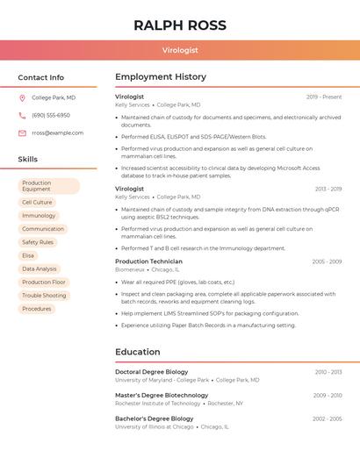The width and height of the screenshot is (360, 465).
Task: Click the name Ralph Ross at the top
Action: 180,25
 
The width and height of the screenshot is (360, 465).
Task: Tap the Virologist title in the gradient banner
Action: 180,51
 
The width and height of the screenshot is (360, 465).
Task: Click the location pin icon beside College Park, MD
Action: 22,97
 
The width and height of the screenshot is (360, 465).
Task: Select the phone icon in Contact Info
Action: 22,115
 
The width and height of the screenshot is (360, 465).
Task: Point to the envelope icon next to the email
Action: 22,132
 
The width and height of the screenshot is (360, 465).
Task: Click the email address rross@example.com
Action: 57,132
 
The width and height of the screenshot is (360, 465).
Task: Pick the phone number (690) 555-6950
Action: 51,115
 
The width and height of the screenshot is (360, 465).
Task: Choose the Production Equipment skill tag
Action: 48,186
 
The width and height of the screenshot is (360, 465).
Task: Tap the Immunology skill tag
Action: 39,215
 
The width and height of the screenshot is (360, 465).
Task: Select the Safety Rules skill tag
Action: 38,242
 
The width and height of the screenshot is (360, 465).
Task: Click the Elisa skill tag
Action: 28,255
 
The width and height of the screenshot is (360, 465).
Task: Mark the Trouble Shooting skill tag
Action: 44,296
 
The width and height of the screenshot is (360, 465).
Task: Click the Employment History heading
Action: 161,77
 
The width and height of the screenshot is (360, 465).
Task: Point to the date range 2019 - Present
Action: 324,97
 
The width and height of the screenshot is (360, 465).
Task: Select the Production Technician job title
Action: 148,261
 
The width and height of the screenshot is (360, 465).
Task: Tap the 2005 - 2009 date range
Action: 327,261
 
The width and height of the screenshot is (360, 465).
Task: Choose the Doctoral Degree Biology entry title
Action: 151,372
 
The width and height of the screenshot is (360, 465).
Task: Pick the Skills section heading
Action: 28,160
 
